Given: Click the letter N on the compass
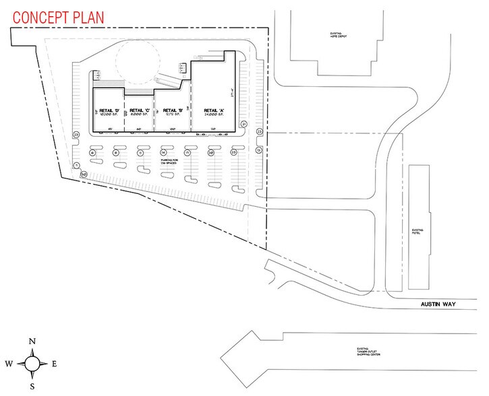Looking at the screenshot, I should [x=32, y=341].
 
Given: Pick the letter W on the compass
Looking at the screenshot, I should [x=9, y=364].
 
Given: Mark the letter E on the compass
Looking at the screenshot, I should [x=55, y=364].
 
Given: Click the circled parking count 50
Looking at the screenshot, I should [x=83, y=174].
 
